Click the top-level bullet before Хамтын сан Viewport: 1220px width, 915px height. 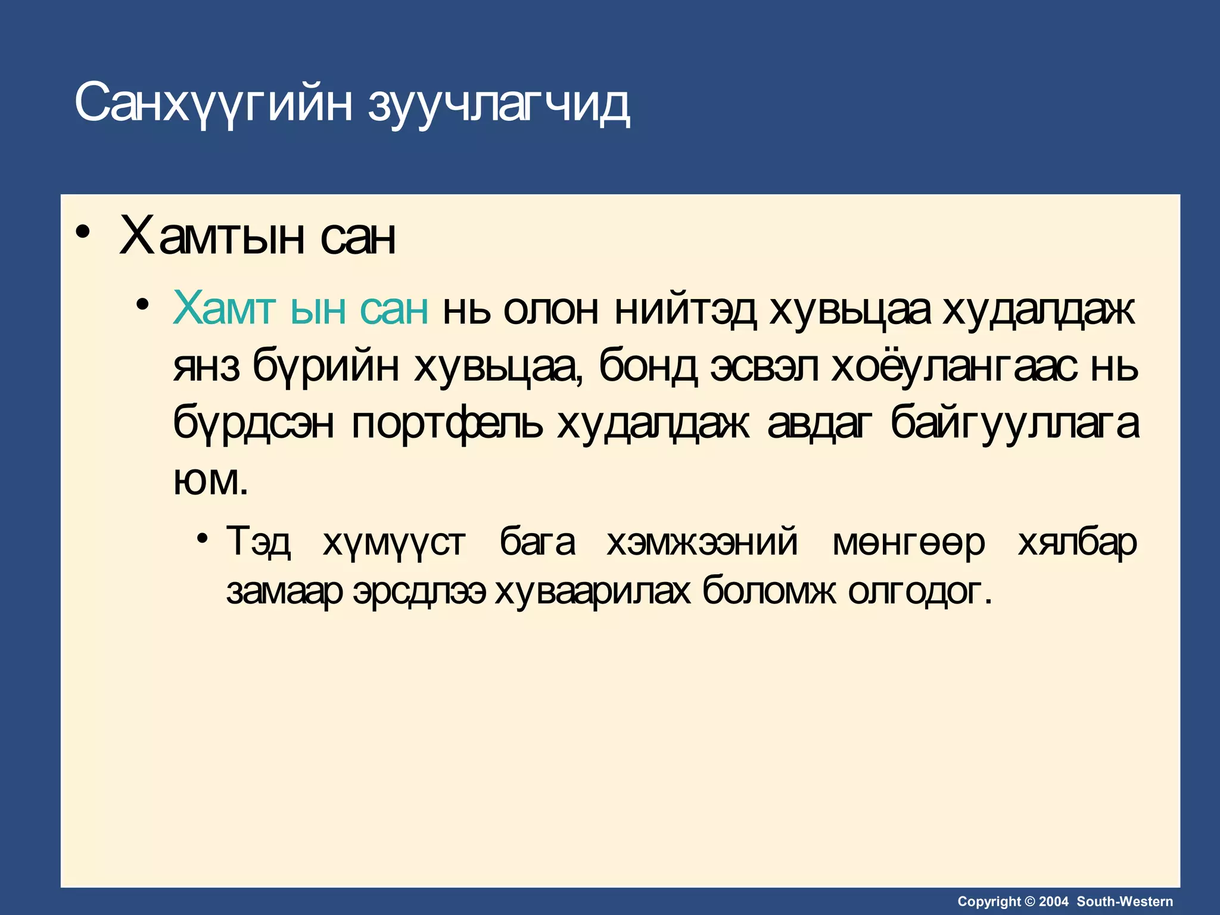83,232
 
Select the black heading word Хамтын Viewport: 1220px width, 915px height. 212,237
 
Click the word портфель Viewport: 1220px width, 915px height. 447,424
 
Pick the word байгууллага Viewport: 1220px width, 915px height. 1014,424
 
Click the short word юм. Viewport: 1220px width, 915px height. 210,481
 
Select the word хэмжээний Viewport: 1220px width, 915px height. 702,542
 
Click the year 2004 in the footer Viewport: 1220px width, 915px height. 1054,901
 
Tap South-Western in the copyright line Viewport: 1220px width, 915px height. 1125,901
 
